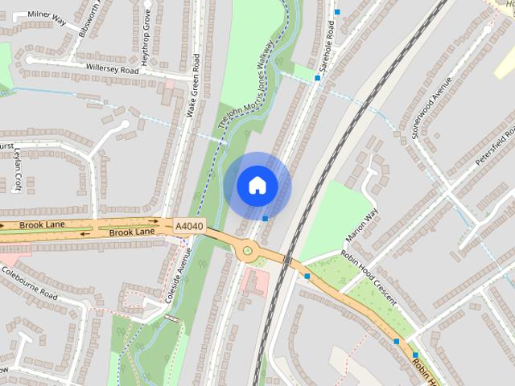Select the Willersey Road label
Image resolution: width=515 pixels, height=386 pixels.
click(113, 70)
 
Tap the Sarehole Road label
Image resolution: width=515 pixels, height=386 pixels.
click(328, 47)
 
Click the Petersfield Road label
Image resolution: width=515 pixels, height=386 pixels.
click(494, 145)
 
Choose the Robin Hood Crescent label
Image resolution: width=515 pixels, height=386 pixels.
click(369, 277)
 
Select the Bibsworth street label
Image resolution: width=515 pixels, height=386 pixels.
click(89, 24)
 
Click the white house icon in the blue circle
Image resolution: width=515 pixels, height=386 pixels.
click(257, 186)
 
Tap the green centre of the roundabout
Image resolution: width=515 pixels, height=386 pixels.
click(248, 252)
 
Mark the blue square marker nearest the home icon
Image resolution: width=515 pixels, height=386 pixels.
click(265, 218)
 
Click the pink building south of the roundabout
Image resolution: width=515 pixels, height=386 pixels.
click(256, 282)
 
